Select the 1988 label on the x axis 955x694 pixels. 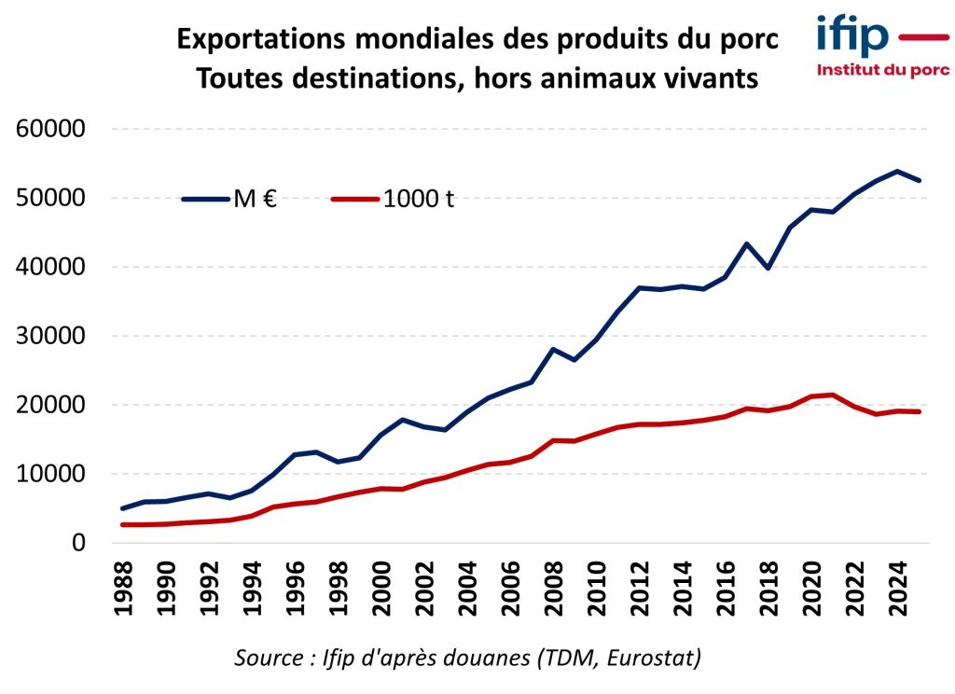124,585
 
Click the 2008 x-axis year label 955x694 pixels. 555,585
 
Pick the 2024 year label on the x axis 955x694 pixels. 899,585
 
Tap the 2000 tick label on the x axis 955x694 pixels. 382,585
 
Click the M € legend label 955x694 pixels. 255,199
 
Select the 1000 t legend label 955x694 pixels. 419,199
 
